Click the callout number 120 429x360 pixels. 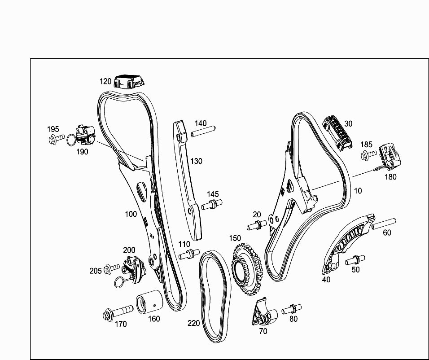click(105, 81)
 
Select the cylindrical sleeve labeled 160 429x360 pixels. click(149, 302)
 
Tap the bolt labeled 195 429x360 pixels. click(56, 139)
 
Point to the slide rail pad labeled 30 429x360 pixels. click(337, 133)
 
